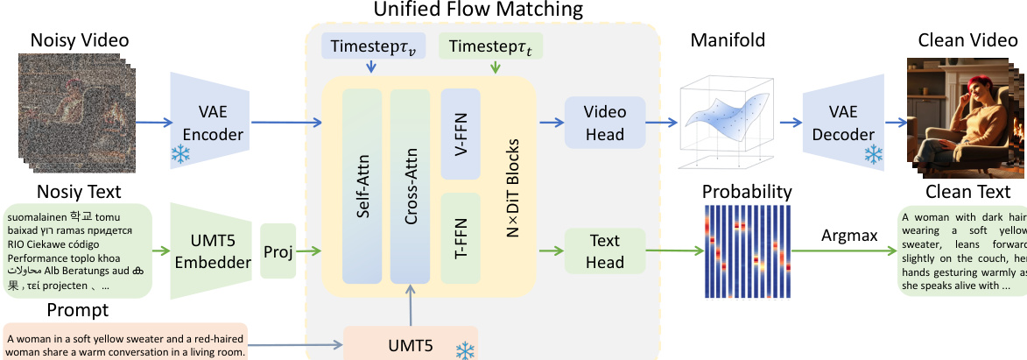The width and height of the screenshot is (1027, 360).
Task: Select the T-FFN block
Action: click(461, 238)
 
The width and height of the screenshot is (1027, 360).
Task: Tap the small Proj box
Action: click(278, 251)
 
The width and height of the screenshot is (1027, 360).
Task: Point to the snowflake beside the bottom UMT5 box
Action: click(466, 349)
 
